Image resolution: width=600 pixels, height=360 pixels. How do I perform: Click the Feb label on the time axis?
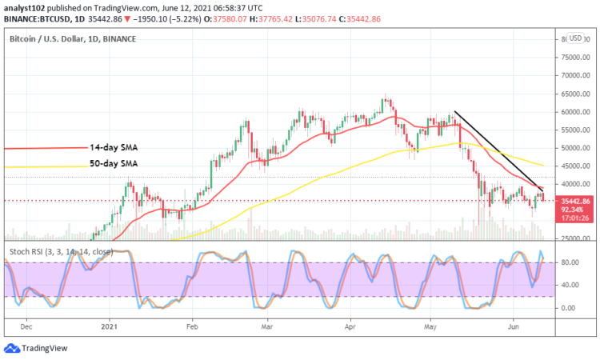tap(191, 326)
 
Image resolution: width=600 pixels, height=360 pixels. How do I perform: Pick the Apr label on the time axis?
tap(349, 326)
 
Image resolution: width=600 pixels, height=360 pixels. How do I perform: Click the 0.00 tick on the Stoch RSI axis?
tap(568, 307)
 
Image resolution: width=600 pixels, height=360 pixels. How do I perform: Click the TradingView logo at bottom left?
tap(36, 348)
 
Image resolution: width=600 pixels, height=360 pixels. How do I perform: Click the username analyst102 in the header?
tap(27, 6)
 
